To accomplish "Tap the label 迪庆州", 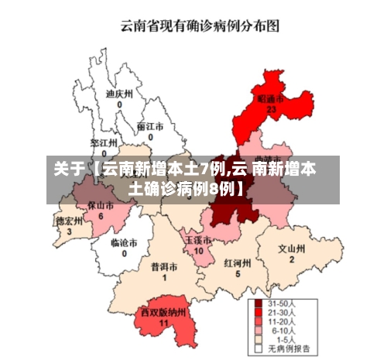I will [119, 94].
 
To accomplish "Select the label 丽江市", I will [150, 126].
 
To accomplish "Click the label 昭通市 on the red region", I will [270, 100].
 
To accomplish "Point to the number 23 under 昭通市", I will [271, 111].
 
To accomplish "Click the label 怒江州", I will [103, 143].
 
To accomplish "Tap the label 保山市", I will [100, 206].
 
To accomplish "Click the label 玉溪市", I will [197, 241].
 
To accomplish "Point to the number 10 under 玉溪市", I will [198, 252].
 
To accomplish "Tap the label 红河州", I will [238, 263].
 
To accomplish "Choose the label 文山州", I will [292, 249].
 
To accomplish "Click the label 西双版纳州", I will [163, 312].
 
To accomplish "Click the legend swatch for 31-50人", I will [259, 303].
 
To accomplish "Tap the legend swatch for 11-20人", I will [259, 321].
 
